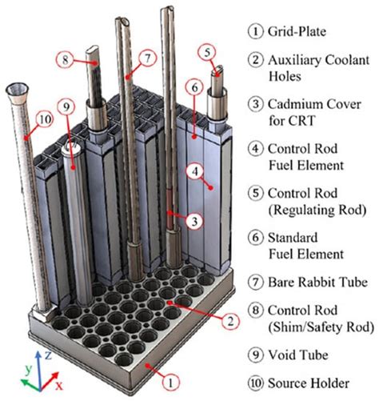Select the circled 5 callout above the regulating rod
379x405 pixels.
[206, 53]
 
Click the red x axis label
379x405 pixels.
[58, 385]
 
